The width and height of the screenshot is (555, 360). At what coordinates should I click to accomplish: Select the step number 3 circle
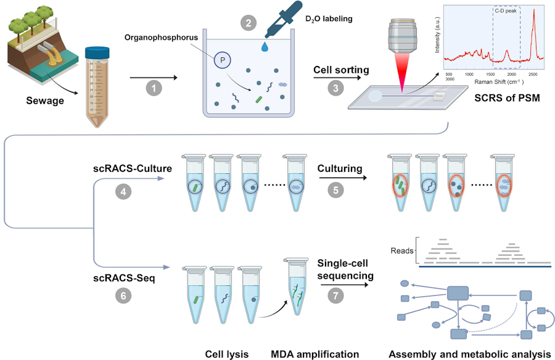335,88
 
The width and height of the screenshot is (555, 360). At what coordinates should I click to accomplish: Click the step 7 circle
335,296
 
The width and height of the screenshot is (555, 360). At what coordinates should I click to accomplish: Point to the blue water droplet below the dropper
266,47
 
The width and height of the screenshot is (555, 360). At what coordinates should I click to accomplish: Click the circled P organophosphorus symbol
221,60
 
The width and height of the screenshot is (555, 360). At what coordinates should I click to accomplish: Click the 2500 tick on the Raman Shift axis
531,73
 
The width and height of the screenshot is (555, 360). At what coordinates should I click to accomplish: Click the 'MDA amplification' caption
314,354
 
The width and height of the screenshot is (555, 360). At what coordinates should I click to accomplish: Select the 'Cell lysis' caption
226,354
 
